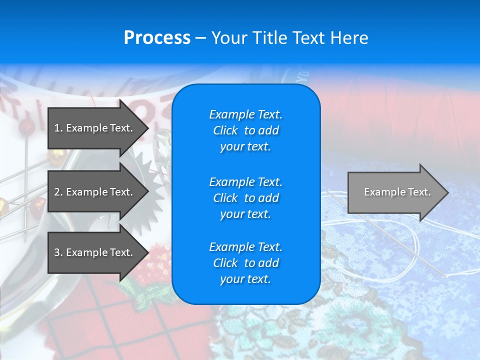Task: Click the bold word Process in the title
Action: point(156,38)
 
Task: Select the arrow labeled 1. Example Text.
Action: point(95,128)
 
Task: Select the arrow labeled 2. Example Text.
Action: point(95,192)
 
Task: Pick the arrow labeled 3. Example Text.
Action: point(95,252)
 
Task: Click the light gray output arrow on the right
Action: point(395,192)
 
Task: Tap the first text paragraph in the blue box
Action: point(245,130)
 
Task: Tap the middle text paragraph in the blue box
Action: point(245,198)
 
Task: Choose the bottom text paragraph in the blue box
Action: point(245,263)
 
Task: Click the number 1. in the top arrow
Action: point(58,128)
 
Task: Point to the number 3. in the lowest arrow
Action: point(58,252)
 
